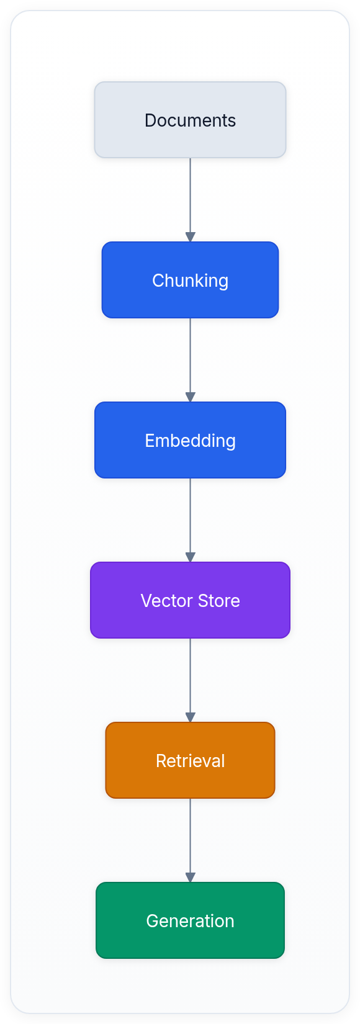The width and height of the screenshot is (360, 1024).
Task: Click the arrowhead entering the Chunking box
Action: click(x=190, y=237)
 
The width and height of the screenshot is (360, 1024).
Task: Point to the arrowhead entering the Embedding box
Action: click(x=190, y=397)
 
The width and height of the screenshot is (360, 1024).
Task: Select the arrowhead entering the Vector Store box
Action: click(x=190, y=557)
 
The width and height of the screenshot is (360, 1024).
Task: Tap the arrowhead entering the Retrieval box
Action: click(x=190, y=717)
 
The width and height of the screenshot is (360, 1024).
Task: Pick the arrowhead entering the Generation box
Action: click(x=190, y=878)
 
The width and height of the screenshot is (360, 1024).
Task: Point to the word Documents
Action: click(x=190, y=120)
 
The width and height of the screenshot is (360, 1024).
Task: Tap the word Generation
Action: click(x=190, y=921)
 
